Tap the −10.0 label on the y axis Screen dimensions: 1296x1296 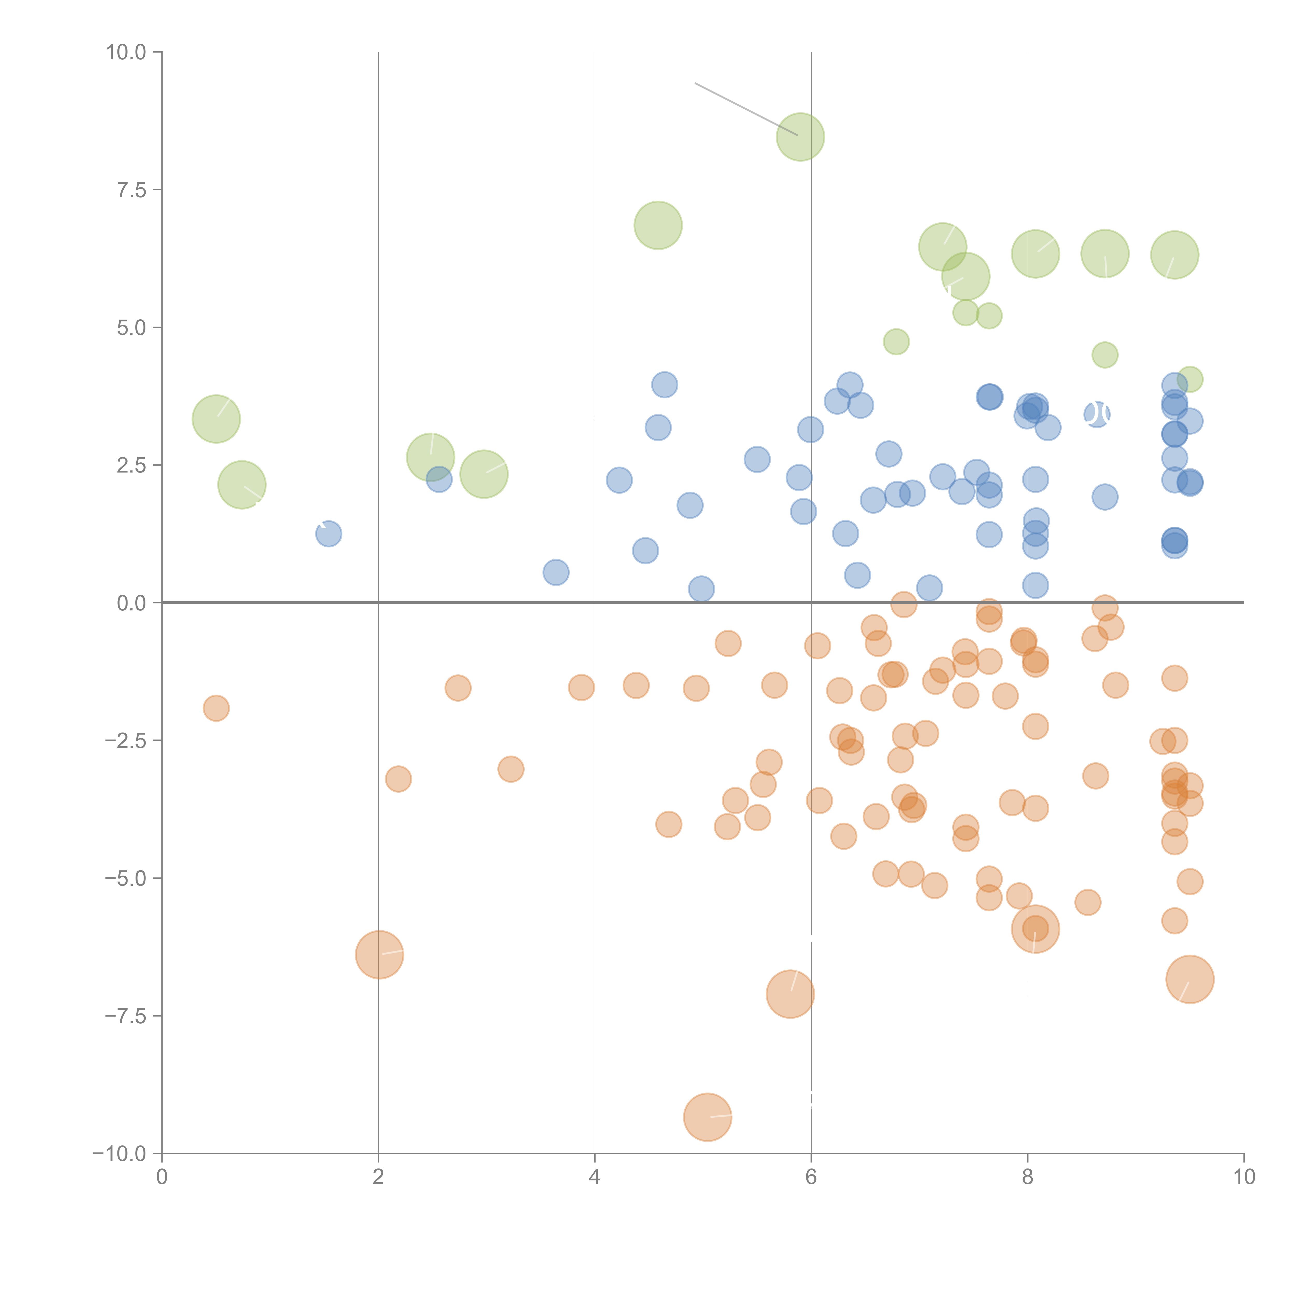click(119, 1154)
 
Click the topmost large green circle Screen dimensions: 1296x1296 click(800, 137)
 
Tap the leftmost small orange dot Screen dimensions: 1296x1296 click(216, 708)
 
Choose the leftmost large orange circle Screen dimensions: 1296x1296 click(380, 955)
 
